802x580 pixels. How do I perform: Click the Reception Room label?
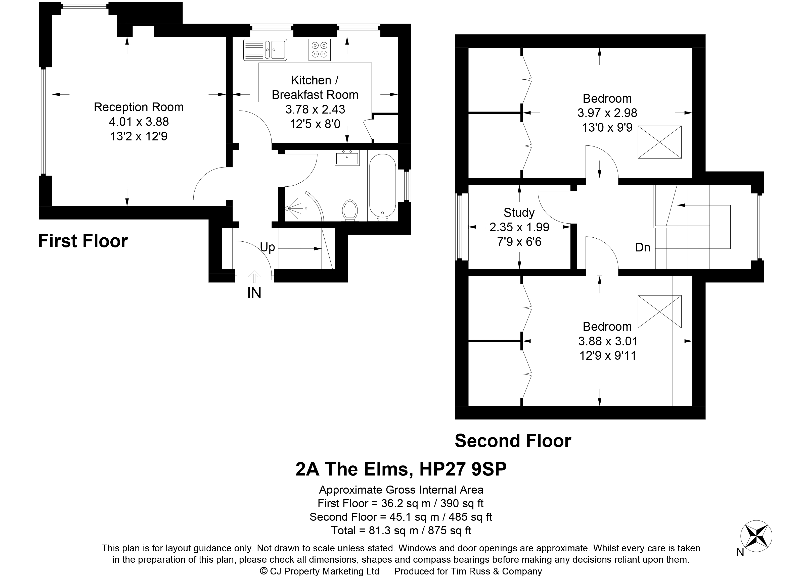coord(139,107)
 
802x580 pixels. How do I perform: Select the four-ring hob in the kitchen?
coord(320,50)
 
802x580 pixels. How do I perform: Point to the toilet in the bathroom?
coord(350,210)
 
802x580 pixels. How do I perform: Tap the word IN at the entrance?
coord(254,293)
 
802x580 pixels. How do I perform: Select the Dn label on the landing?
coord(643,247)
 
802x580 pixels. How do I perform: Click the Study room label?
coord(519,213)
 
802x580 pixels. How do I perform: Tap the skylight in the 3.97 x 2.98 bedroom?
coord(659,142)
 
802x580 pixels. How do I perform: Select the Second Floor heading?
coord(513,441)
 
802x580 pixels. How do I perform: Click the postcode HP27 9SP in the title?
coord(463,469)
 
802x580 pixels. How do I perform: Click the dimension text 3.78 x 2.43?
coord(315,110)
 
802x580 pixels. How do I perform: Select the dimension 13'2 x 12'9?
coord(139,136)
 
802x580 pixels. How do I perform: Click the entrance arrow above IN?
coord(254,277)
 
